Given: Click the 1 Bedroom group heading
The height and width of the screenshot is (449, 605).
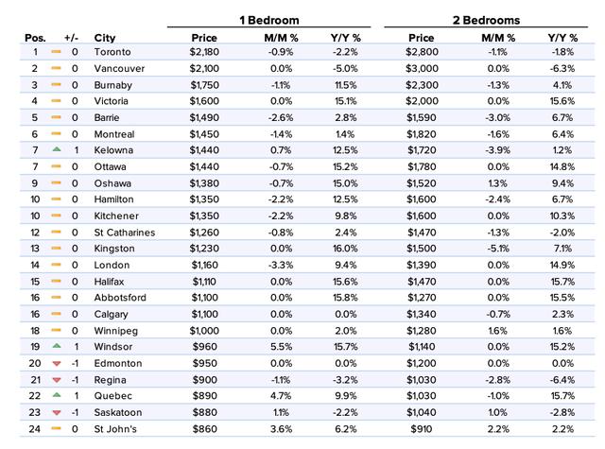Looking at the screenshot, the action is click(x=268, y=20).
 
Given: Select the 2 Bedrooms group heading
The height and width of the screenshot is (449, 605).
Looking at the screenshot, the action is click(x=486, y=20).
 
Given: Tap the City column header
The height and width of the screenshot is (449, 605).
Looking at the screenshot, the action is click(x=105, y=38).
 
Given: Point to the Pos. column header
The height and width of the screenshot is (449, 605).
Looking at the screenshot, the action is click(x=35, y=38).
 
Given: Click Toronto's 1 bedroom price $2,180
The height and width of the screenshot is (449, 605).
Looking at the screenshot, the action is click(x=204, y=52).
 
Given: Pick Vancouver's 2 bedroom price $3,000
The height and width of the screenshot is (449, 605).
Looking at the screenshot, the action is click(x=422, y=68).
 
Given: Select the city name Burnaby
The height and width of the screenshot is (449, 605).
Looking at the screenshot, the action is click(x=113, y=85).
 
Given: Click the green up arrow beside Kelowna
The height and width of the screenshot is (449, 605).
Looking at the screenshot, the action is click(x=57, y=149).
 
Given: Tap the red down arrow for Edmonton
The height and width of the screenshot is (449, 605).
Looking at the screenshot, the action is click(x=57, y=363).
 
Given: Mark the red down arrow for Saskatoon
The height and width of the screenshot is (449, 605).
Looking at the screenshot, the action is click(x=57, y=413).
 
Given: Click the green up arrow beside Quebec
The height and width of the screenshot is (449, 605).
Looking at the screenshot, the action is click(x=57, y=394).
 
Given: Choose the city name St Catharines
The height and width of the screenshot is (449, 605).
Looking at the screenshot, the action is click(x=125, y=233).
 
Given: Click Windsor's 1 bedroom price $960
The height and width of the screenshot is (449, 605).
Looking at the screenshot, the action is click(x=204, y=346).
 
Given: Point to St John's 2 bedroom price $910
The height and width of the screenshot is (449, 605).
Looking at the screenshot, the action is click(x=422, y=429).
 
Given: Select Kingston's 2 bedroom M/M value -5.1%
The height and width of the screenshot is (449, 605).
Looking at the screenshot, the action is click(x=498, y=249).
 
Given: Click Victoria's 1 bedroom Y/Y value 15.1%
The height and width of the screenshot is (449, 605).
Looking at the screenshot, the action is click(x=346, y=101).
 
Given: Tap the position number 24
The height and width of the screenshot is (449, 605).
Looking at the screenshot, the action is click(x=35, y=429).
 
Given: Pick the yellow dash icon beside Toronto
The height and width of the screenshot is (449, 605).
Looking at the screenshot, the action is click(x=57, y=51).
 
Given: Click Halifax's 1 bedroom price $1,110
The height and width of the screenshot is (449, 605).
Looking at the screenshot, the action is click(x=204, y=282).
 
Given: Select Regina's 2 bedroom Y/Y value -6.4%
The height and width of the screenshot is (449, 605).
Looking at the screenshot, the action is click(x=562, y=380).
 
